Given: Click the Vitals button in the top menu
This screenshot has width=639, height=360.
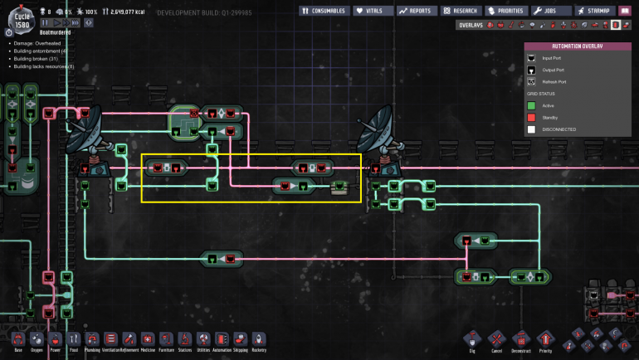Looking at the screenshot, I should (373, 12).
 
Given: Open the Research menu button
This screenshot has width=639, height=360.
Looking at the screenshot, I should (460, 12).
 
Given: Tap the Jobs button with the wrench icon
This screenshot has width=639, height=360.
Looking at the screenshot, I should (552, 12).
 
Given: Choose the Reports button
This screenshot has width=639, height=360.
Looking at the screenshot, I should (416, 12).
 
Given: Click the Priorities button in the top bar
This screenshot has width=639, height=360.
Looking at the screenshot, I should (506, 12).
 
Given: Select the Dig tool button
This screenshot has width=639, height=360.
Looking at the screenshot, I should (472, 339).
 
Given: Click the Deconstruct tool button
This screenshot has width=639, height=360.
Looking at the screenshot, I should (520, 339).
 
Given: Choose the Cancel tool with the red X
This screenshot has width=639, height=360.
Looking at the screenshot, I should (496, 339).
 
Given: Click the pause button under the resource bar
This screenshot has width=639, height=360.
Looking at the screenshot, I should (46, 22).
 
